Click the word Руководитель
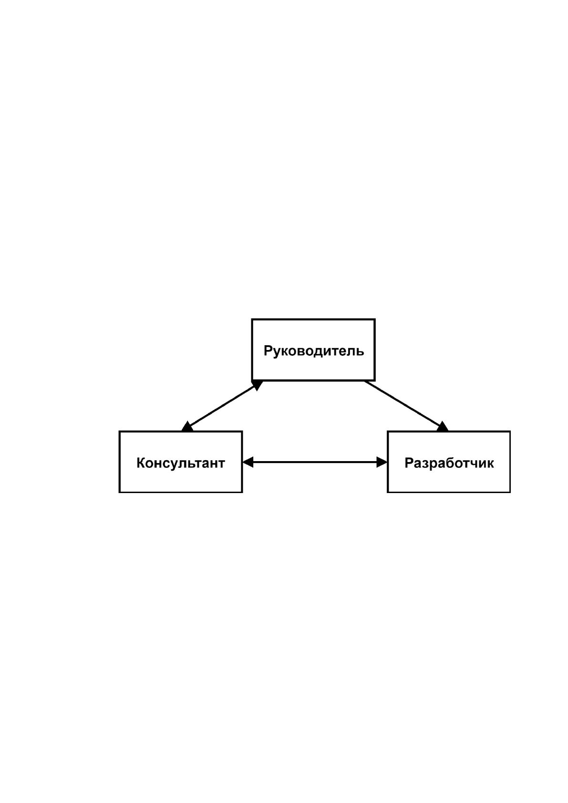[x=314, y=351]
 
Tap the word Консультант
[x=181, y=463]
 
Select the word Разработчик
[x=449, y=463]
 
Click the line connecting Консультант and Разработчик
[x=315, y=462]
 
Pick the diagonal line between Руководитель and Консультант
[x=222, y=406]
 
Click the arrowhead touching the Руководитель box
[x=258, y=385]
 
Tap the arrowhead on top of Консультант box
[x=187, y=427]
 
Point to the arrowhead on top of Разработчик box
[x=443, y=427]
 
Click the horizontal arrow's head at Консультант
[x=248, y=462]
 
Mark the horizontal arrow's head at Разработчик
[x=382, y=462]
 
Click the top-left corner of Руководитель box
[x=252, y=319]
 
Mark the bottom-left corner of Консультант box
[x=120, y=492]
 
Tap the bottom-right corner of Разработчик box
[x=509, y=492]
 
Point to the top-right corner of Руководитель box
[x=374, y=319]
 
